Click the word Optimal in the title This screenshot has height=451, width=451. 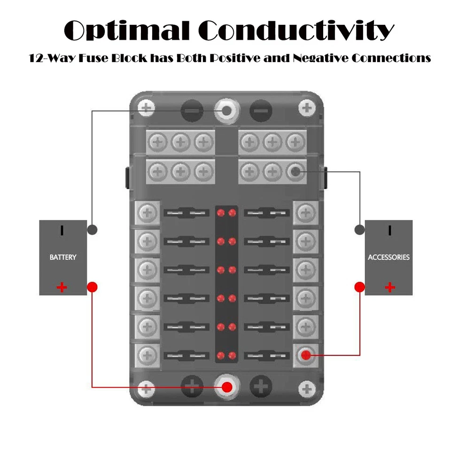126,31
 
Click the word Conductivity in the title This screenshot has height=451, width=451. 296,31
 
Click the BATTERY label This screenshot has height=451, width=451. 62,257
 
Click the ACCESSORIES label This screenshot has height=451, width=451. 389,257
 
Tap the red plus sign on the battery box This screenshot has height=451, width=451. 62,287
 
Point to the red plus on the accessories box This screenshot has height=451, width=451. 389,287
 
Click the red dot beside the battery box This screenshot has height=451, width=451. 93,287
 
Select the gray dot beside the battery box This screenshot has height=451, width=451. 93,230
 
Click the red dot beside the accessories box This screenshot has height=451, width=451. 359,286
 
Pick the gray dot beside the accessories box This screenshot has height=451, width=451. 359,230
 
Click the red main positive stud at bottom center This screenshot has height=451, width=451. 227,387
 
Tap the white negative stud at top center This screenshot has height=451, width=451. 227,111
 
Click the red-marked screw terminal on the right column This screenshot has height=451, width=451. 306,355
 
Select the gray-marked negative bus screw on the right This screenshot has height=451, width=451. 295,172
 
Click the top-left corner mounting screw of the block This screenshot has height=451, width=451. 147,108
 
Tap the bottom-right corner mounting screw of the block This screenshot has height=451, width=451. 307,388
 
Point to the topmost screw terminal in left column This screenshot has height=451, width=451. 148,213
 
